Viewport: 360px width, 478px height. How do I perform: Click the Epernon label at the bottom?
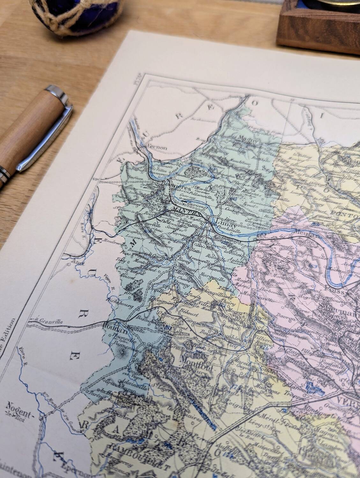coord(67,460)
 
